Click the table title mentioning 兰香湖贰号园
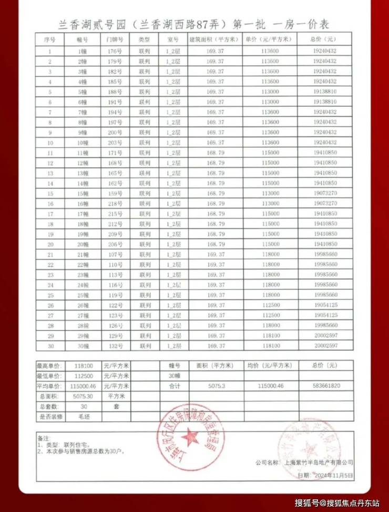194,24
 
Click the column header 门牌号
114,39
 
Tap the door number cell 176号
114,51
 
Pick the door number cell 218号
114,204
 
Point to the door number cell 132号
114,346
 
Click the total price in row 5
325,92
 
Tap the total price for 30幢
325,346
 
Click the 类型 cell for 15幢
145,194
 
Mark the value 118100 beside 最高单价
81,366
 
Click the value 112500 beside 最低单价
81,376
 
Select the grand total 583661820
325,386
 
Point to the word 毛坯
81,416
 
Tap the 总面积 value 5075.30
81,396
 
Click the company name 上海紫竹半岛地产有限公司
319,463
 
